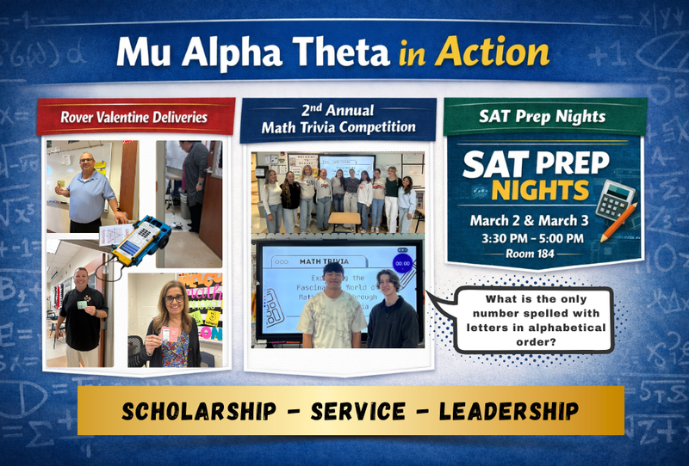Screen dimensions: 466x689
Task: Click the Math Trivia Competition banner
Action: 338,119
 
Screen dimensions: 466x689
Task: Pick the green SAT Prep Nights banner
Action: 543,116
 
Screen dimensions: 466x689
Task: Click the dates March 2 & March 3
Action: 526,220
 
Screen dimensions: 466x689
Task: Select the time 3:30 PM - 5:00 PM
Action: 526,237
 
